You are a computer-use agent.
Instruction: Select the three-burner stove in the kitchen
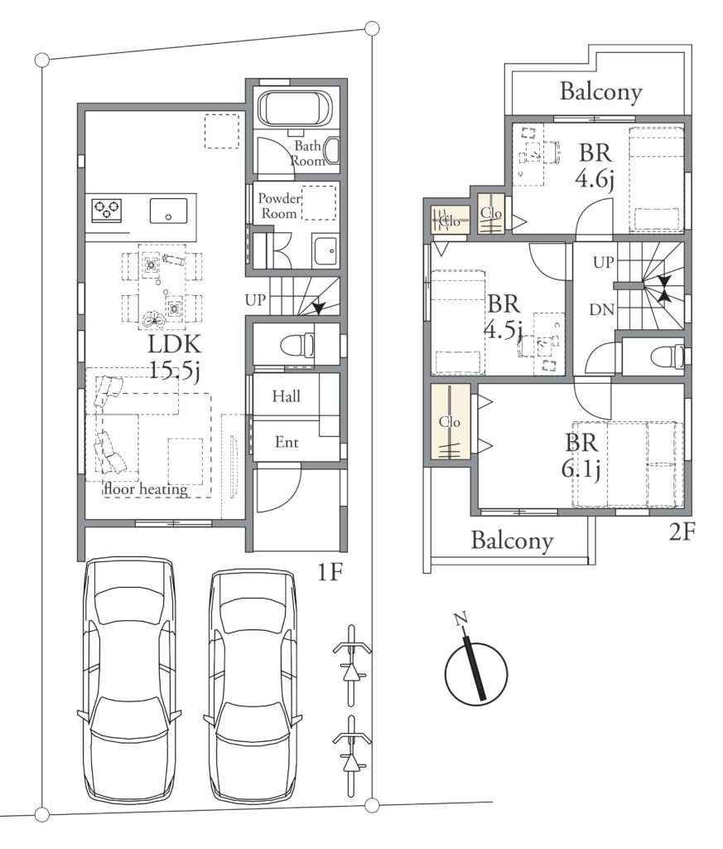[x=107, y=210]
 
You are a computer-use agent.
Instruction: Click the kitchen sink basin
[x=168, y=211]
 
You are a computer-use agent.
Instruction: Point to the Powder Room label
[x=279, y=206]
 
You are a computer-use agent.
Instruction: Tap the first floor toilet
[x=297, y=345]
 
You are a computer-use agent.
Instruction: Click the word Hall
[x=286, y=396]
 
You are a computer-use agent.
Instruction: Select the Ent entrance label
[x=287, y=443]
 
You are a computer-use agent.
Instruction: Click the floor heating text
[x=147, y=489]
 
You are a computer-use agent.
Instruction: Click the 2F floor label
[x=681, y=532]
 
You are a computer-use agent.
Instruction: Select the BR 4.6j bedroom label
[x=595, y=166]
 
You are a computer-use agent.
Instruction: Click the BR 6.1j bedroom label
[x=581, y=456]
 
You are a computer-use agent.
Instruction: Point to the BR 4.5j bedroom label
[x=504, y=316]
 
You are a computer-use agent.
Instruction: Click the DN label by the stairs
[x=601, y=310]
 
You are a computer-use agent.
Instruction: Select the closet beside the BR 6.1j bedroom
[x=450, y=421]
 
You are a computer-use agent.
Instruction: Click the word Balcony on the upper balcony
[x=600, y=91]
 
